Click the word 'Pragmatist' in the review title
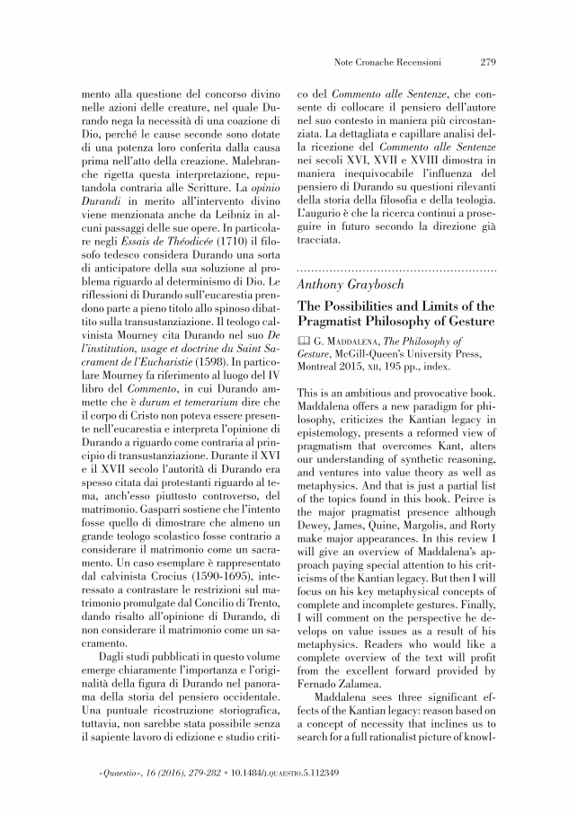342,321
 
